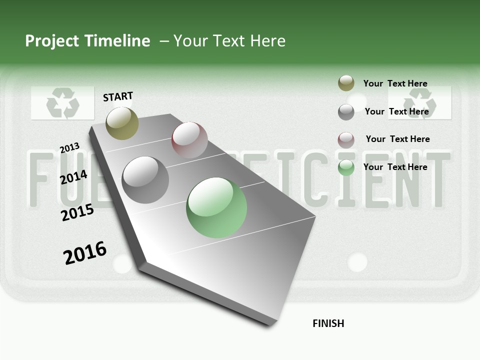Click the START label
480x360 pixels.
pos(118,96)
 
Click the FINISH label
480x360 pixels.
pos(328,323)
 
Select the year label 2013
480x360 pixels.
pos(70,148)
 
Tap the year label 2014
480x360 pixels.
pos(74,177)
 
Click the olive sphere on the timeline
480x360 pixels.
pos(122,123)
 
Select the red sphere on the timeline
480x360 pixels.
pos(189,140)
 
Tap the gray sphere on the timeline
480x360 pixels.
pos(145,180)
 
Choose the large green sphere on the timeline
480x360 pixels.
pos(216,207)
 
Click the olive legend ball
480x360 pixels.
pos(346,83)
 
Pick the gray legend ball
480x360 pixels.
pos(346,112)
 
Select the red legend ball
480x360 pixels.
pos(346,140)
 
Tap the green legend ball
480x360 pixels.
pos(346,167)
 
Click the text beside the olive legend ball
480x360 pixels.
pos(395,83)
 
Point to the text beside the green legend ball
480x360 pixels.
pos(395,167)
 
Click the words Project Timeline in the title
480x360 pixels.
pos(87,41)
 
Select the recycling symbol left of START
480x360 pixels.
pos(62,103)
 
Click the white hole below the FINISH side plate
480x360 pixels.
pos(357,262)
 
